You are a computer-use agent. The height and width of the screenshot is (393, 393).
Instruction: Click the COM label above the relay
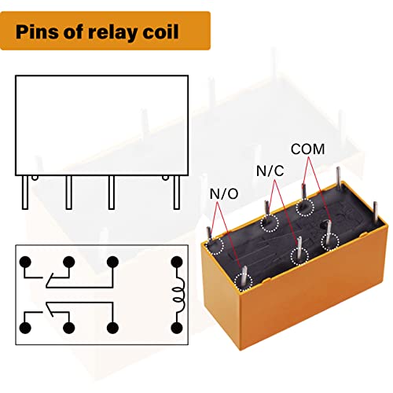pyautogui.click(x=307, y=149)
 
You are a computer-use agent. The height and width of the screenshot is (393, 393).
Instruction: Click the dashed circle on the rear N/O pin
pyautogui.click(x=215, y=245)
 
